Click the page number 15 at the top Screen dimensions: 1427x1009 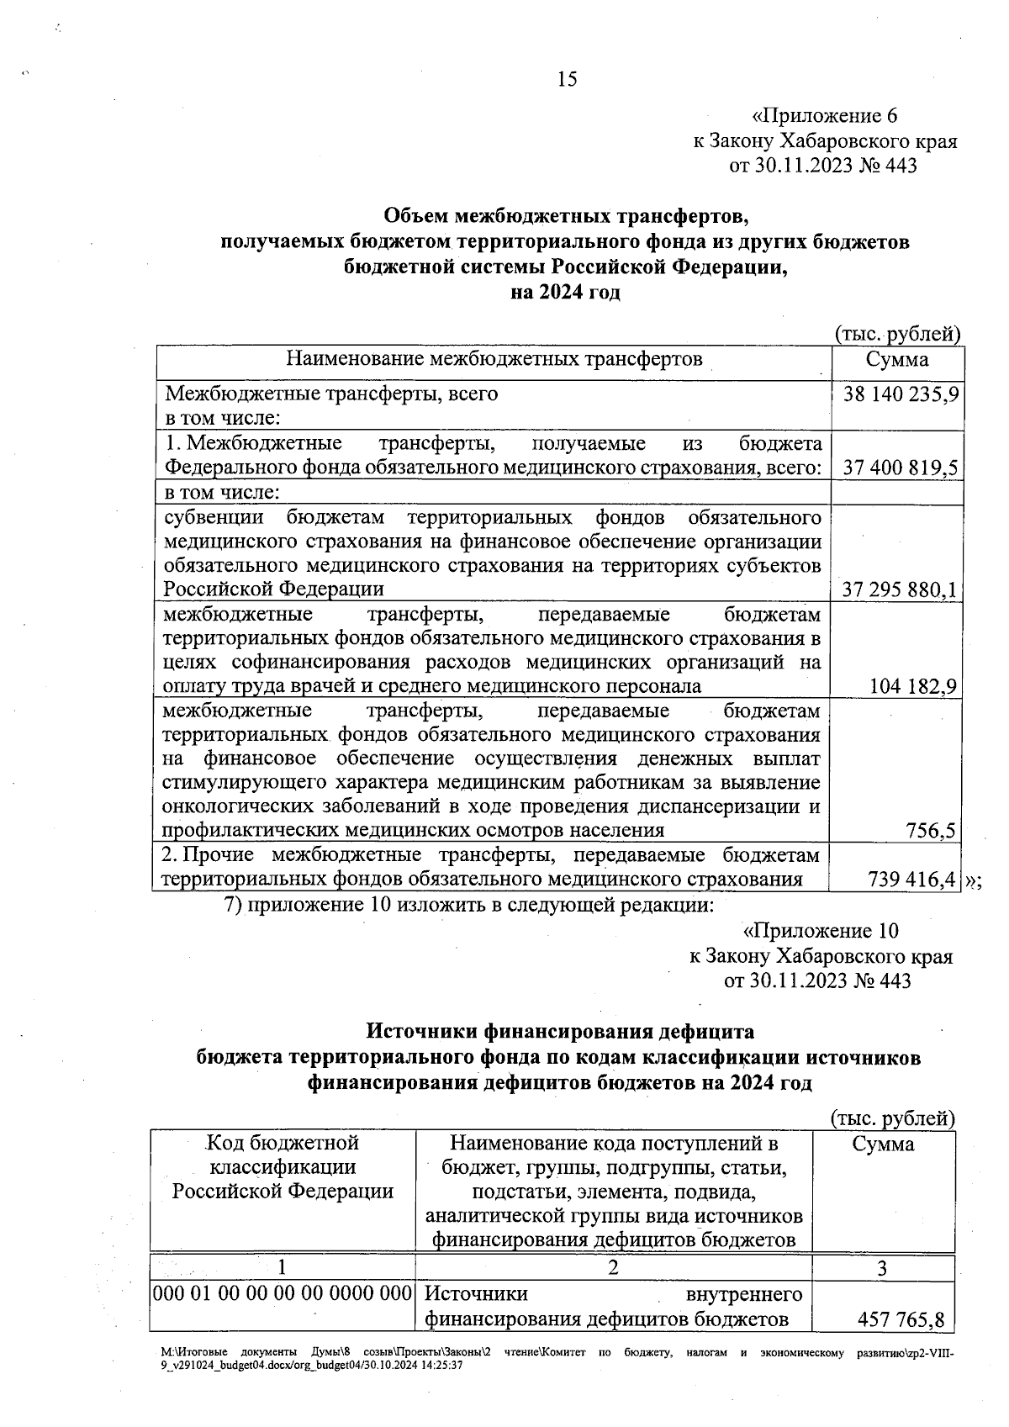(x=567, y=80)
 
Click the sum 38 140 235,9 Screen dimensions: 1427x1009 (x=901, y=394)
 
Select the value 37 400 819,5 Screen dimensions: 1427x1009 (x=901, y=468)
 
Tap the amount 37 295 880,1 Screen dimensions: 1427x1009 (x=901, y=590)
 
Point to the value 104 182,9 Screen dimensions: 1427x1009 (x=913, y=687)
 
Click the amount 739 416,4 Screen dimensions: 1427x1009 (x=911, y=880)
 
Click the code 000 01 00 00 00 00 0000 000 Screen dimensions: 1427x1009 (x=282, y=1294)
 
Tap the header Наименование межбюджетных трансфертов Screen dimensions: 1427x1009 (x=494, y=360)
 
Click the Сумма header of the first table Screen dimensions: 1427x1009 (x=897, y=360)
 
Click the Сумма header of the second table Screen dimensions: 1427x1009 (x=883, y=1144)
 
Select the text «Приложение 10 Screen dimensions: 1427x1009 (x=821, y=932)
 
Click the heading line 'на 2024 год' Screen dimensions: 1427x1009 (x=565, y=293)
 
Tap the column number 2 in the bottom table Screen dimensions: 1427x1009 (x=613, y=1268)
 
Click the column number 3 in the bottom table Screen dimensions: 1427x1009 (x=882, y=1268)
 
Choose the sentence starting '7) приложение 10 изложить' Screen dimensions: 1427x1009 (x=469, y=906)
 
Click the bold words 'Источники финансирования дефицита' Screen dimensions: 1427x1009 (x=561, y=1031)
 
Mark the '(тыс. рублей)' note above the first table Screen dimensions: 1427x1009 (x=897, y=335)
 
